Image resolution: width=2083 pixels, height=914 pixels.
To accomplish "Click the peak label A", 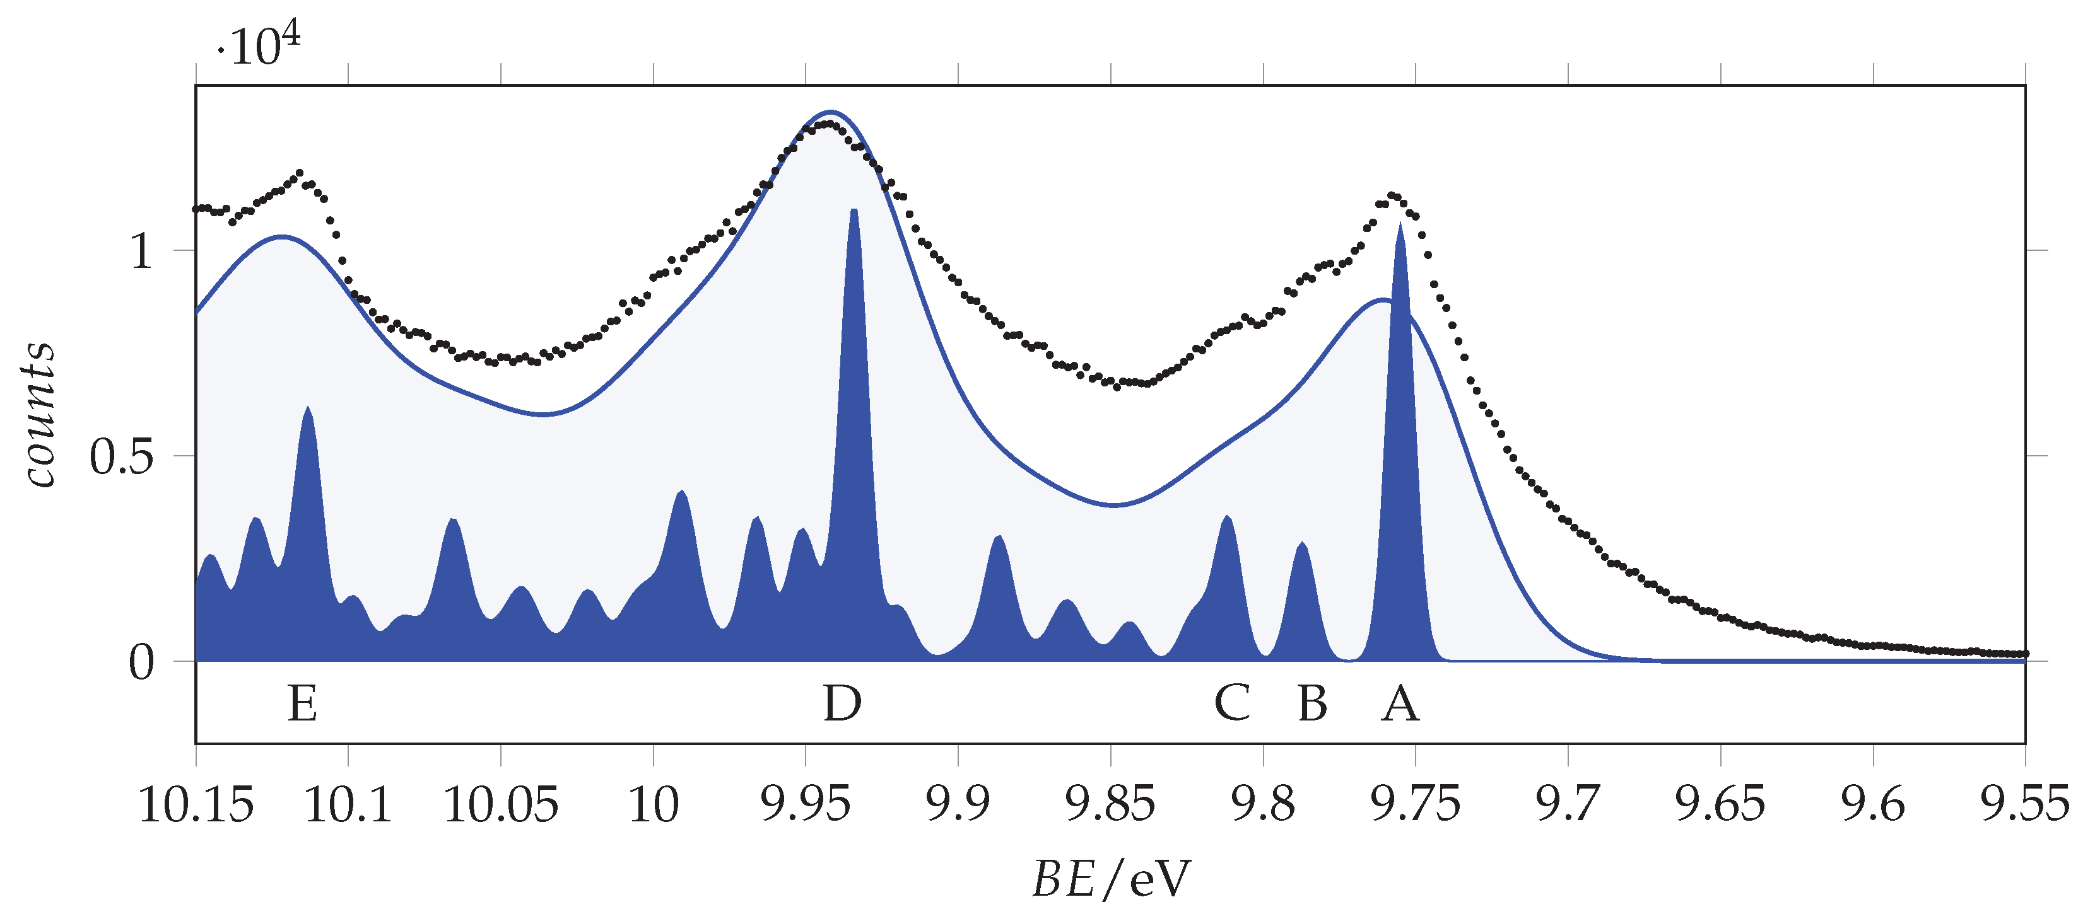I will (x=1400, y=704).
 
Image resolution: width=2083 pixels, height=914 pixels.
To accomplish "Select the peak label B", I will (x=1312, y=704).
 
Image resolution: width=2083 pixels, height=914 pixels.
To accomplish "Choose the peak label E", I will (x=302, y=704).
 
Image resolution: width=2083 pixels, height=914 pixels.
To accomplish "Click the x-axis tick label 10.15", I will (x=196, y=805).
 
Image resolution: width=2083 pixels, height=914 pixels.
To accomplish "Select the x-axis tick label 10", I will (x=654, y=805).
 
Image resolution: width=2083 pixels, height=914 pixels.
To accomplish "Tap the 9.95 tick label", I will (x=806, y=805).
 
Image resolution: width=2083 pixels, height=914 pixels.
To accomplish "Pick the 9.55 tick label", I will (x=2025, y=805).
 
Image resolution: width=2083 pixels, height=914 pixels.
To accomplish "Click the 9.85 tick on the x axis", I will (x=1111, y=805).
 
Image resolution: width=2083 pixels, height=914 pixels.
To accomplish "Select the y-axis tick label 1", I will (x=141, y=252).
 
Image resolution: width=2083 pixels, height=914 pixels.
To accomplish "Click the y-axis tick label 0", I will (x=141, y=664).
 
